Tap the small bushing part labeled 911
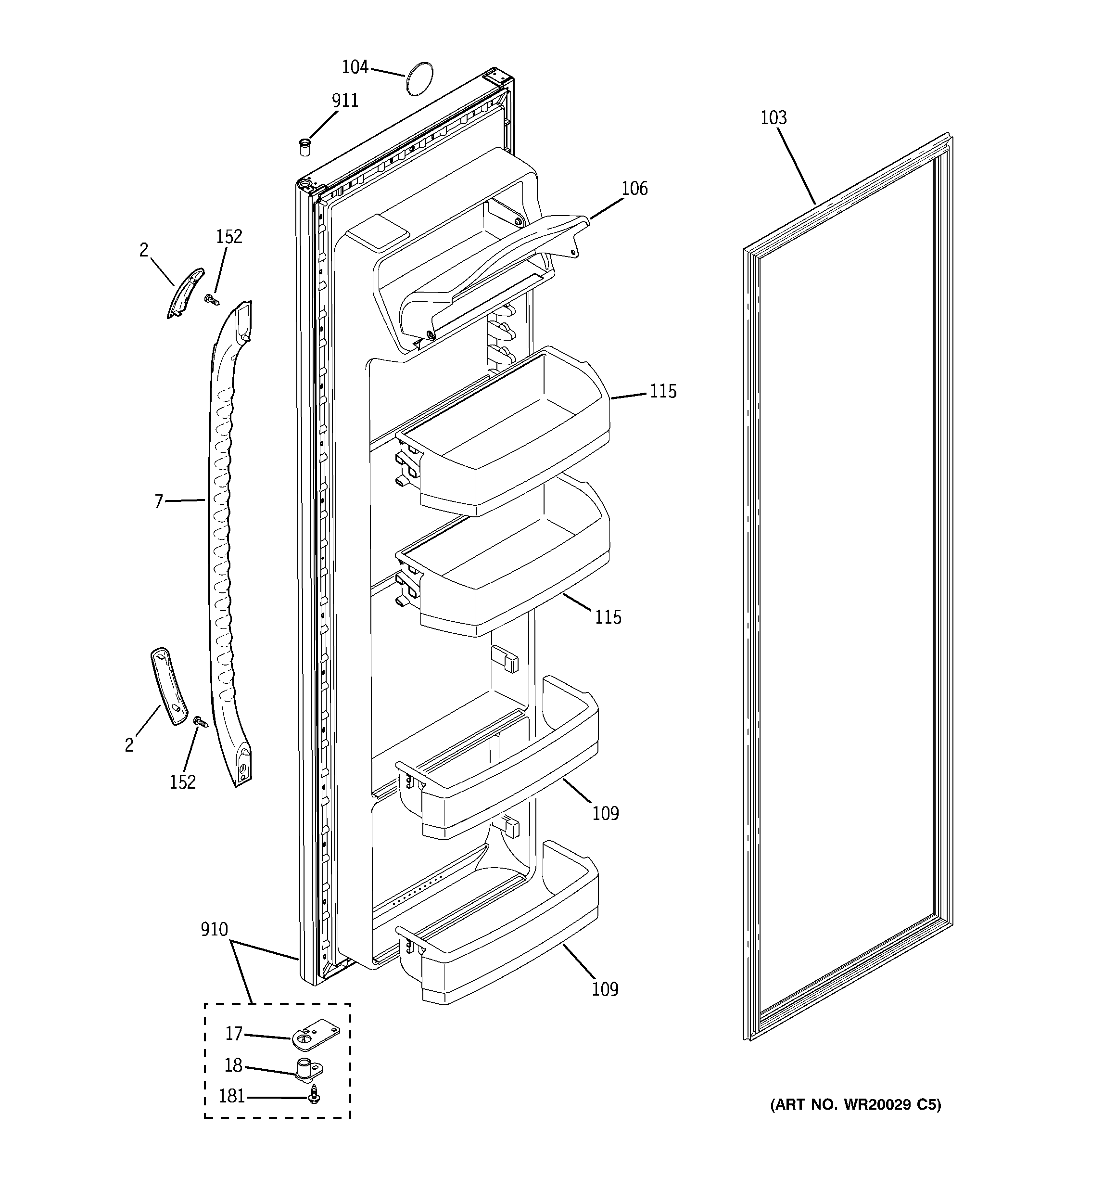pyautogui.click(x=305, y=146)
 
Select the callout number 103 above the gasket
pyautogui.click(x=774, y=118)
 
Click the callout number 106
pyautogui.click(x=634, y=189)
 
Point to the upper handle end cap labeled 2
pyautogui.click(x=185, y=293)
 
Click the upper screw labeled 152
pyautogui.click(x=210, y=298)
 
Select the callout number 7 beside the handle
pyautogui.click(x=159, y=501)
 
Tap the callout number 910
pyautogui.click(x=215, y=929)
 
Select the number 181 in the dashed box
pyautogui.click(x=232, y=1096)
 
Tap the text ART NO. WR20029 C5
pyautogui.click(x=855, y=1104)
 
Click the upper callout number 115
pyautogui.click(x=663, y=392)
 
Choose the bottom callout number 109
pyautogui.click(x=605, y=989)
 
